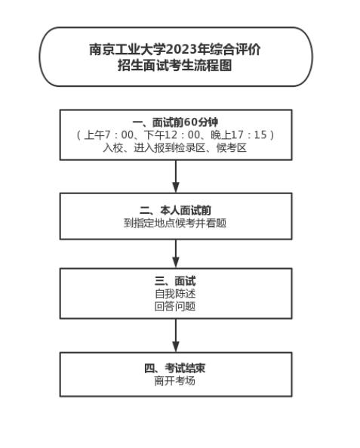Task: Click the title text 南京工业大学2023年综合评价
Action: click(x=175, y=50)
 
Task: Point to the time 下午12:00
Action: click(x=171, y=135)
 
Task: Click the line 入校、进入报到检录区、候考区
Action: click(x=175, y=147)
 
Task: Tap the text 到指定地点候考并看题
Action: click(x=175, y=223)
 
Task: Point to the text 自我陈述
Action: click(x=175, y=294)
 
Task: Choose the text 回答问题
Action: click(x=175, y=306)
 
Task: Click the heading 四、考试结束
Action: click(x=175, y=368)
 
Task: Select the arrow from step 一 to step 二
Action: click(x=176, y=176)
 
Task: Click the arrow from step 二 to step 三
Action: click(x=176, y=255)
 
